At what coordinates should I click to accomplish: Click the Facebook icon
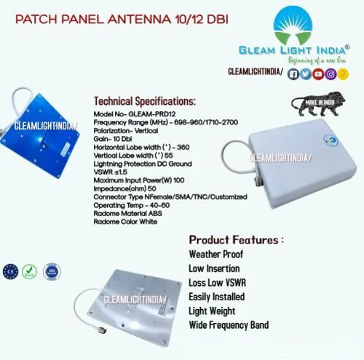[x=294, y=73]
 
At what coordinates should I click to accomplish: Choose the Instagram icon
[x=330, y=73]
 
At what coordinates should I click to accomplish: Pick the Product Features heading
[x=237, y=239]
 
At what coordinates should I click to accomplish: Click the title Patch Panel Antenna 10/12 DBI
[x=120, y=20]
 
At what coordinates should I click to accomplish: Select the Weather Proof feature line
[x=216, y=255]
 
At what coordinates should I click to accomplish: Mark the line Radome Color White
[x=125, y=222]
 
